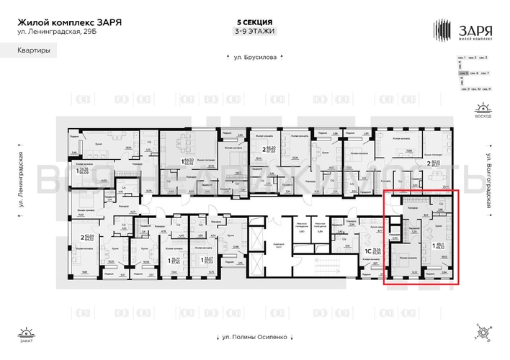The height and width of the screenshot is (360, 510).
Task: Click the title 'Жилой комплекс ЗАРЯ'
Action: pos(69,22)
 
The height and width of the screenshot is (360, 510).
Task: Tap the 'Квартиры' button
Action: pos(35,50)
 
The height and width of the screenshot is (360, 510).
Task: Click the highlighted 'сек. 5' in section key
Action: pos(465,73)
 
